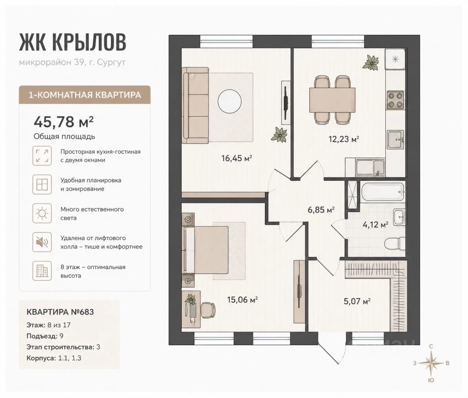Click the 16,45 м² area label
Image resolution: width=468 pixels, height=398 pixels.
click(x=237, y=158)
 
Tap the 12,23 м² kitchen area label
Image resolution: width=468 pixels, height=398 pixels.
click(x=344, y=139)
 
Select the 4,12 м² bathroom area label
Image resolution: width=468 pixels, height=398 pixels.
click(x=375, y=224)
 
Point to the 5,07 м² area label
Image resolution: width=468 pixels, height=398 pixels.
click(x=357, y=302)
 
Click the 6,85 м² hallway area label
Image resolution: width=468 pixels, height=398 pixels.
click(x=321, y=210)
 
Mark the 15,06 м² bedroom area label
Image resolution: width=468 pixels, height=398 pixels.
click(x=242, y=300)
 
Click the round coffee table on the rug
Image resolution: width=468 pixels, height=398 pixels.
click(x=230, y=102)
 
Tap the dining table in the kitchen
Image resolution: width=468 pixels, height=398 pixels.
click(x=332, y=100)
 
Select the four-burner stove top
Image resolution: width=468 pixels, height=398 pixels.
click(x=395, y=100)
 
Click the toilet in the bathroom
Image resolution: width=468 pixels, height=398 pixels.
click(x=395, y=244)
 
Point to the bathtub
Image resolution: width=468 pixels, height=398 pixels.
click(x=382, y=192)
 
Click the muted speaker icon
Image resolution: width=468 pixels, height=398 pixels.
click(x=42, y=242)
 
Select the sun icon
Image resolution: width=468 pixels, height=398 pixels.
click(x=42, y=213)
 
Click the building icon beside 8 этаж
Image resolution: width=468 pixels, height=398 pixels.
click(x=42, y=271)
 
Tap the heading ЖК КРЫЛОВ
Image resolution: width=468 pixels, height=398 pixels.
click(x=72, y=42)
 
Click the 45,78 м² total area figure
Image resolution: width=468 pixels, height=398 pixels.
click(x=64, y=122)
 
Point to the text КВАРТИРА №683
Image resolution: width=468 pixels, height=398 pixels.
click(x=60, y=312)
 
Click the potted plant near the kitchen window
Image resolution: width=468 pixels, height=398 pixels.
click(x=371, y=62)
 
